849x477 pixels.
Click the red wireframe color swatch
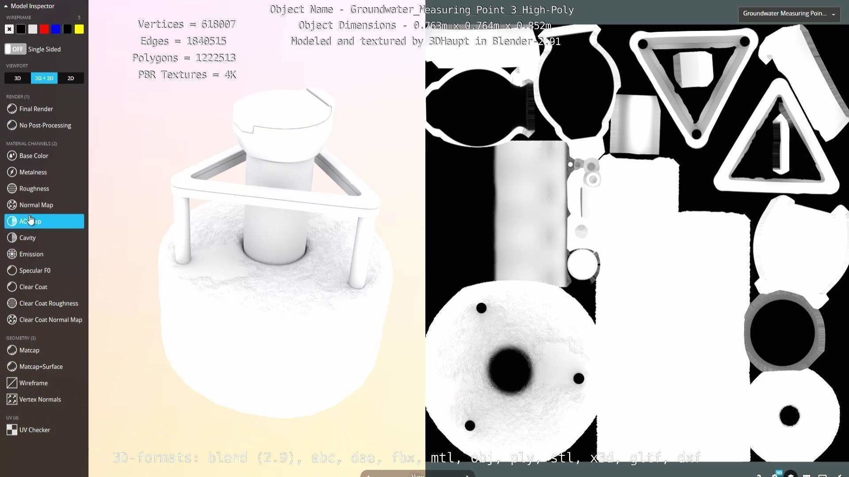click(x=44, y=29)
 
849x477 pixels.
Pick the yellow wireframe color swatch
click(x=79, y=29)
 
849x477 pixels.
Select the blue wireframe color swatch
click(x=56, y=29)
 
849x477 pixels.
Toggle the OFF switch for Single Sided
click(x=15, y=49)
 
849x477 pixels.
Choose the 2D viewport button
click(x=71, y=78)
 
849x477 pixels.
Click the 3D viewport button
click(x=18, y=78)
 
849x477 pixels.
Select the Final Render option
click(x=36, y=109)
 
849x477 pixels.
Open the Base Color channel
click(x=34, y=156)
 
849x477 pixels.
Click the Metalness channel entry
click(x=33, y=172)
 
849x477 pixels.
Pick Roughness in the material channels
click(x=34, y=189)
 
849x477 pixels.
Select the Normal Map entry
click(x=36, y=205)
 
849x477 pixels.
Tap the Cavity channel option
click(x=27, y=238)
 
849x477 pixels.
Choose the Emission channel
click(x=31, y=254)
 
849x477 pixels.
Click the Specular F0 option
click(x=34, y=270)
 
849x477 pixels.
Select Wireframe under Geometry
click(x=33, y=383)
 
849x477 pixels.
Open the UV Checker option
click(x=34, y=430)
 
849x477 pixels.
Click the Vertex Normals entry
click(x=40, y=399)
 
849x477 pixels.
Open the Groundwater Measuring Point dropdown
click(x=789, y=14)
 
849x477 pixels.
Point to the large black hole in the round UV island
click(x=510, y=370)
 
